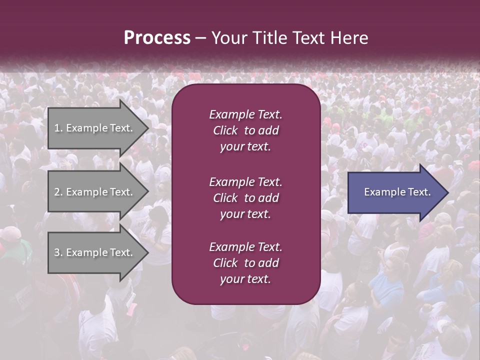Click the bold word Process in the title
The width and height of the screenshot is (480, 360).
pos(157,38)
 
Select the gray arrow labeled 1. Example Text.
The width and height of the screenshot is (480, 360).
pos(95,128)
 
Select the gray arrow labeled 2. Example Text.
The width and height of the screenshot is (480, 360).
pos(95,192)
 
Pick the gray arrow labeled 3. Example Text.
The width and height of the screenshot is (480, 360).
pos(95,252)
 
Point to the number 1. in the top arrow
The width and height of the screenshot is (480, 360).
pos(58,128)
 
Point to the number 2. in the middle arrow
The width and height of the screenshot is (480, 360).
pos(58,192)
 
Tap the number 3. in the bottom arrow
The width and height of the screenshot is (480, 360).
pos(58,252)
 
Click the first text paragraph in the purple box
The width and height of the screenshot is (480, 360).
pos(245,130)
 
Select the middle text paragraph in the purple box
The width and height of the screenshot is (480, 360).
pos(245,197)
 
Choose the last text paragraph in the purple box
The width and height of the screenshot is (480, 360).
pos(245,263)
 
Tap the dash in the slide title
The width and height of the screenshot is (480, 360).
pos(200,38)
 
